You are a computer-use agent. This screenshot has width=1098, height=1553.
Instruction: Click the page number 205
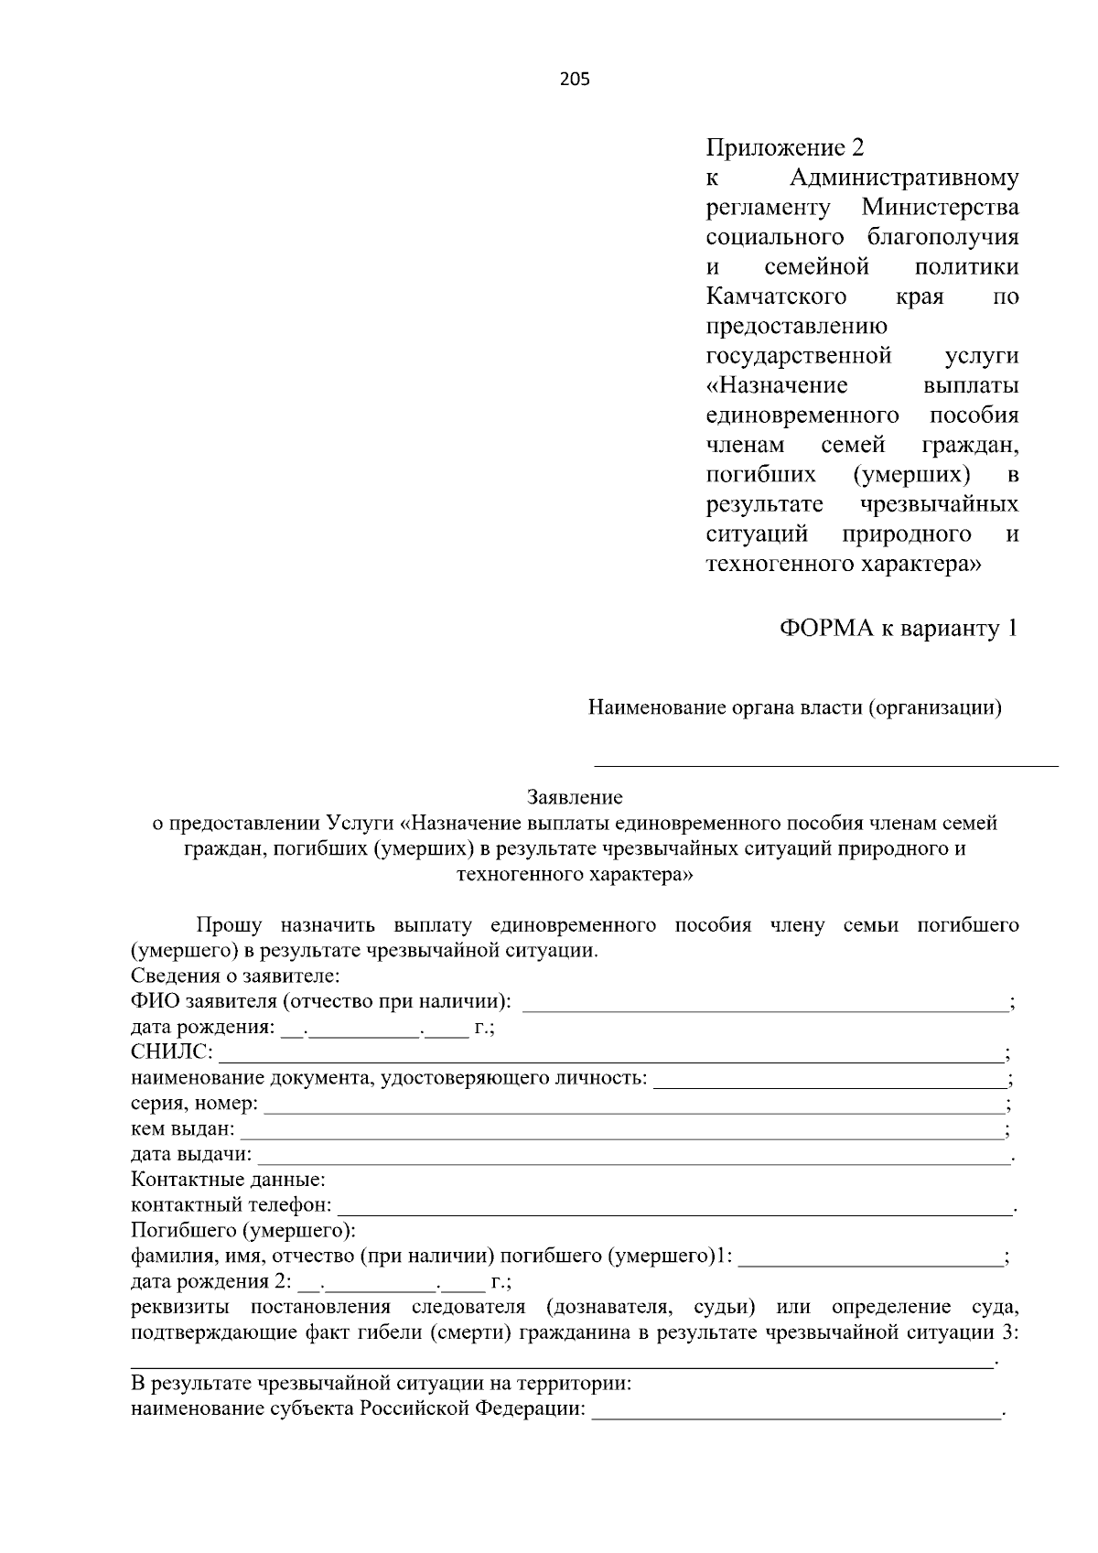click(575, 80)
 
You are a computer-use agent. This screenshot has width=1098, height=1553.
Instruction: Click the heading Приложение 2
click(784, 147)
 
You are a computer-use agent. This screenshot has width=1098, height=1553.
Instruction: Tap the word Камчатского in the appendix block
click(776, 297)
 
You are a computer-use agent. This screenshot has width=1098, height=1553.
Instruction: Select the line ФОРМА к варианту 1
click(898, 629)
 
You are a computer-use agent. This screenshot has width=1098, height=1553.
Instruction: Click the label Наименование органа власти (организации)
click(794, 707)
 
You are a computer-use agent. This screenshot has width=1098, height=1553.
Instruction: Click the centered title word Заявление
click(575, 797)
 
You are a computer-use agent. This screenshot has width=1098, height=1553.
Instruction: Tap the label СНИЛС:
click(172, 1052)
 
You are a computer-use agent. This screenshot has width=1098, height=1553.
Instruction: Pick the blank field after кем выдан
click(620, 1132)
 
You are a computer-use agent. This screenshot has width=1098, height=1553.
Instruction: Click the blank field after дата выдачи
click(631, 1158)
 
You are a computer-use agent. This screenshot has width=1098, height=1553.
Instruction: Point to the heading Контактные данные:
click(228, 1181)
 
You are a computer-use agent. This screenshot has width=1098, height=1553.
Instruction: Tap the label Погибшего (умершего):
click(242, 1231)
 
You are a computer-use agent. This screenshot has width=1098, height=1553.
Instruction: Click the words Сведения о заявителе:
click(235, 976)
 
